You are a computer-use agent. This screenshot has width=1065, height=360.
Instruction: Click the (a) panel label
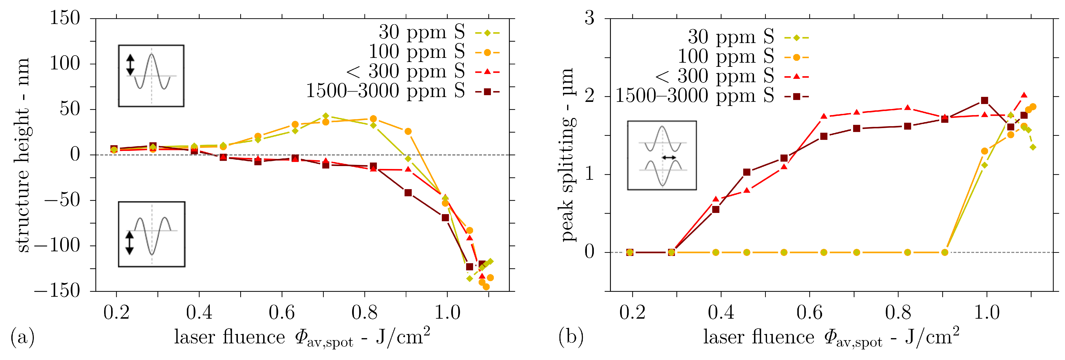22,337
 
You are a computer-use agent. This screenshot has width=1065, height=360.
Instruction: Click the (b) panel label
571,337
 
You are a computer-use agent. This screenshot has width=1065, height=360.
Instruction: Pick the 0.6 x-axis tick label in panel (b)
810,312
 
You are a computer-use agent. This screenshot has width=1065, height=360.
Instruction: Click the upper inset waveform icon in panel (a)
151,76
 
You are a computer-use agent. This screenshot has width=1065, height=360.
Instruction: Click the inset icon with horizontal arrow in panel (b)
662,155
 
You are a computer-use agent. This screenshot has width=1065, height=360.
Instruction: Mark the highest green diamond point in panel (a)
326,116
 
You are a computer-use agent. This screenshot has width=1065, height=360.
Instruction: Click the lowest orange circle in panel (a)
486,286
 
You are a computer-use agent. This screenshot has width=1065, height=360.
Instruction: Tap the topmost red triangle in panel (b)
1024,95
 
